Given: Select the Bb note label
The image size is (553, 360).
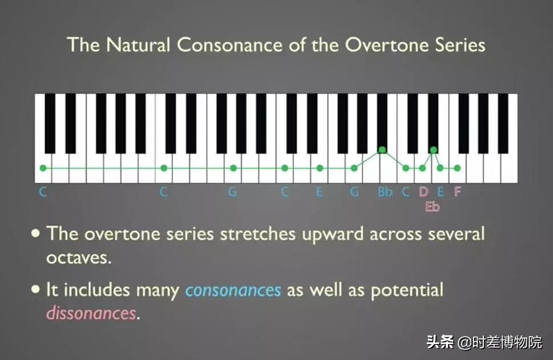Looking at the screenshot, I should (385, 192).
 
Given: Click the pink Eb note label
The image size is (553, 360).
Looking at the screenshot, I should (432, 207).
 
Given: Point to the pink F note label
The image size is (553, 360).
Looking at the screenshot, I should (457, 192).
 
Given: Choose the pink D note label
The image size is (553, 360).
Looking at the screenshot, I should (423, 192).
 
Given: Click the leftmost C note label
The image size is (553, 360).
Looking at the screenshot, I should (43, 192).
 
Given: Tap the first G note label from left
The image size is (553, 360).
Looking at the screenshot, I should (232, 192).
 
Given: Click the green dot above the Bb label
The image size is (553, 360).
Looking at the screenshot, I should (382, 150).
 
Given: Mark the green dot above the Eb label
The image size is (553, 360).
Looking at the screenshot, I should (434, 150).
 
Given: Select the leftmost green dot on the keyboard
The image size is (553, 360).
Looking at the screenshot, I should (43, 168).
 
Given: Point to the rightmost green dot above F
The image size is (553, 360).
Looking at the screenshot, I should (457, 168).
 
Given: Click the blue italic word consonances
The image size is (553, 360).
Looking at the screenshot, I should (233, 290).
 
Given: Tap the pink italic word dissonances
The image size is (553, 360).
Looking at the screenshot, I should (91, 313).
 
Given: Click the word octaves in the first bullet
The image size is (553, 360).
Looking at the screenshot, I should (78, 257).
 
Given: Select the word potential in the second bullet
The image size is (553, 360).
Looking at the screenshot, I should (407, 290).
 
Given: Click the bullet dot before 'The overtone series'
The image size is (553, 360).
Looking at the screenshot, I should (36, 233).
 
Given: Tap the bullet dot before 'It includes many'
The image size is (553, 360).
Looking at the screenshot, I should (36, 289).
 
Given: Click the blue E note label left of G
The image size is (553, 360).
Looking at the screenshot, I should (320, 192).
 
